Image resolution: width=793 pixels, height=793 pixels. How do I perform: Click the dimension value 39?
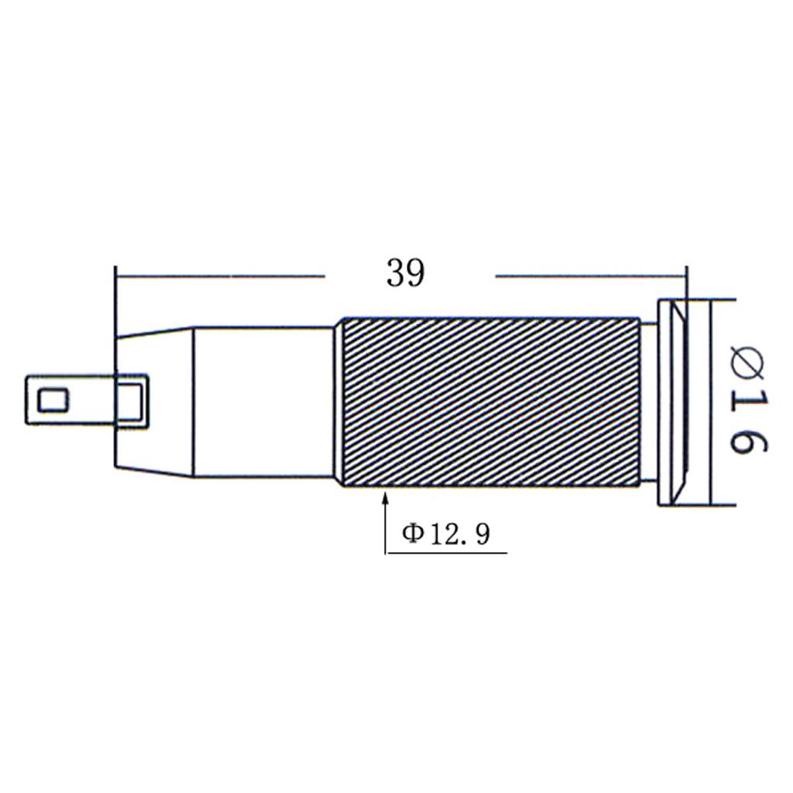tap(406, 273)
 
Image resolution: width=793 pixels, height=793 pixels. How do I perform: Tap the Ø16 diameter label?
tap(749, 400)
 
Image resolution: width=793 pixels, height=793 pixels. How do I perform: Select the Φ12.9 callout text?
tap(446, 534)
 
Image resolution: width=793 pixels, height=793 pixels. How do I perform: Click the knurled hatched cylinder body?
tap(490, 402)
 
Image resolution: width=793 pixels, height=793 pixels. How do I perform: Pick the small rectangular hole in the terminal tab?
tap(53, 400)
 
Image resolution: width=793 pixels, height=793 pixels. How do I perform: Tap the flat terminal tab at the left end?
tap(87, 400)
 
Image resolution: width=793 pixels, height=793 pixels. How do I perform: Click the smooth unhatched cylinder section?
tap(263, 402)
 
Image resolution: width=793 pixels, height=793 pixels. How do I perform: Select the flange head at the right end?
tap(673, 403)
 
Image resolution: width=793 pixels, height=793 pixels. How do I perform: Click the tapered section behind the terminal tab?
tap(154, 402)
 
